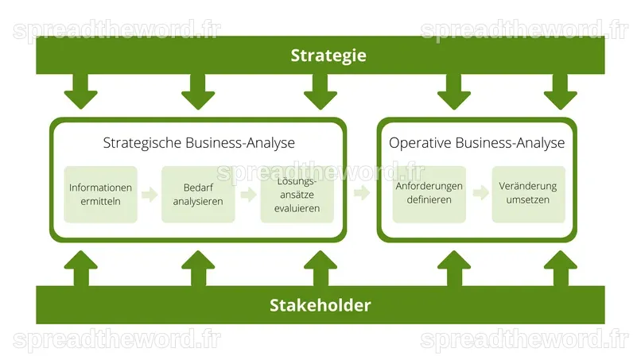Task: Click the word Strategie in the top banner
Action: [x=328, y=56]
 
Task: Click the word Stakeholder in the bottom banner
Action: [x=320, y=305]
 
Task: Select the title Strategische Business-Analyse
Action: [x=199, y=143]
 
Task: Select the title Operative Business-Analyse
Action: [x=476, y=143]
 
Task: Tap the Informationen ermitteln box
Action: [x=100, y=195]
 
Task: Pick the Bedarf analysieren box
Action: [x=198, y=195]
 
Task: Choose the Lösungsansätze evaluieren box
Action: [x=297, y=195]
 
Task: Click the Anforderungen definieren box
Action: [x=429, y=195]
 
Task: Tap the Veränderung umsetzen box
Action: [x=529, y=195]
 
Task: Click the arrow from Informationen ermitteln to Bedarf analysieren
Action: [x=150, y=195]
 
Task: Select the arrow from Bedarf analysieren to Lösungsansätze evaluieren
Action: [x=249, y=195]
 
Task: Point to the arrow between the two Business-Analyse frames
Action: [x=362, y=192]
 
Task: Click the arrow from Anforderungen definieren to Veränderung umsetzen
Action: [x=480, y=193]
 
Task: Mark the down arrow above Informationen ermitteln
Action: [x=81, y=91]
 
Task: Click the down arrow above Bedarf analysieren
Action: [x=198, y=91]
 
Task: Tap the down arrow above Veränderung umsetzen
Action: [x=561, y=91]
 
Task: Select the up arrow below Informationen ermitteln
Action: [x=81, y=269]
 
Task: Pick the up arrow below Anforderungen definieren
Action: [x=454, y=269]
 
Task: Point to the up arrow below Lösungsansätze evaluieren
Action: [x=320, y=269]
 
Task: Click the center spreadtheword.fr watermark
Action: [x=320, y=172]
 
